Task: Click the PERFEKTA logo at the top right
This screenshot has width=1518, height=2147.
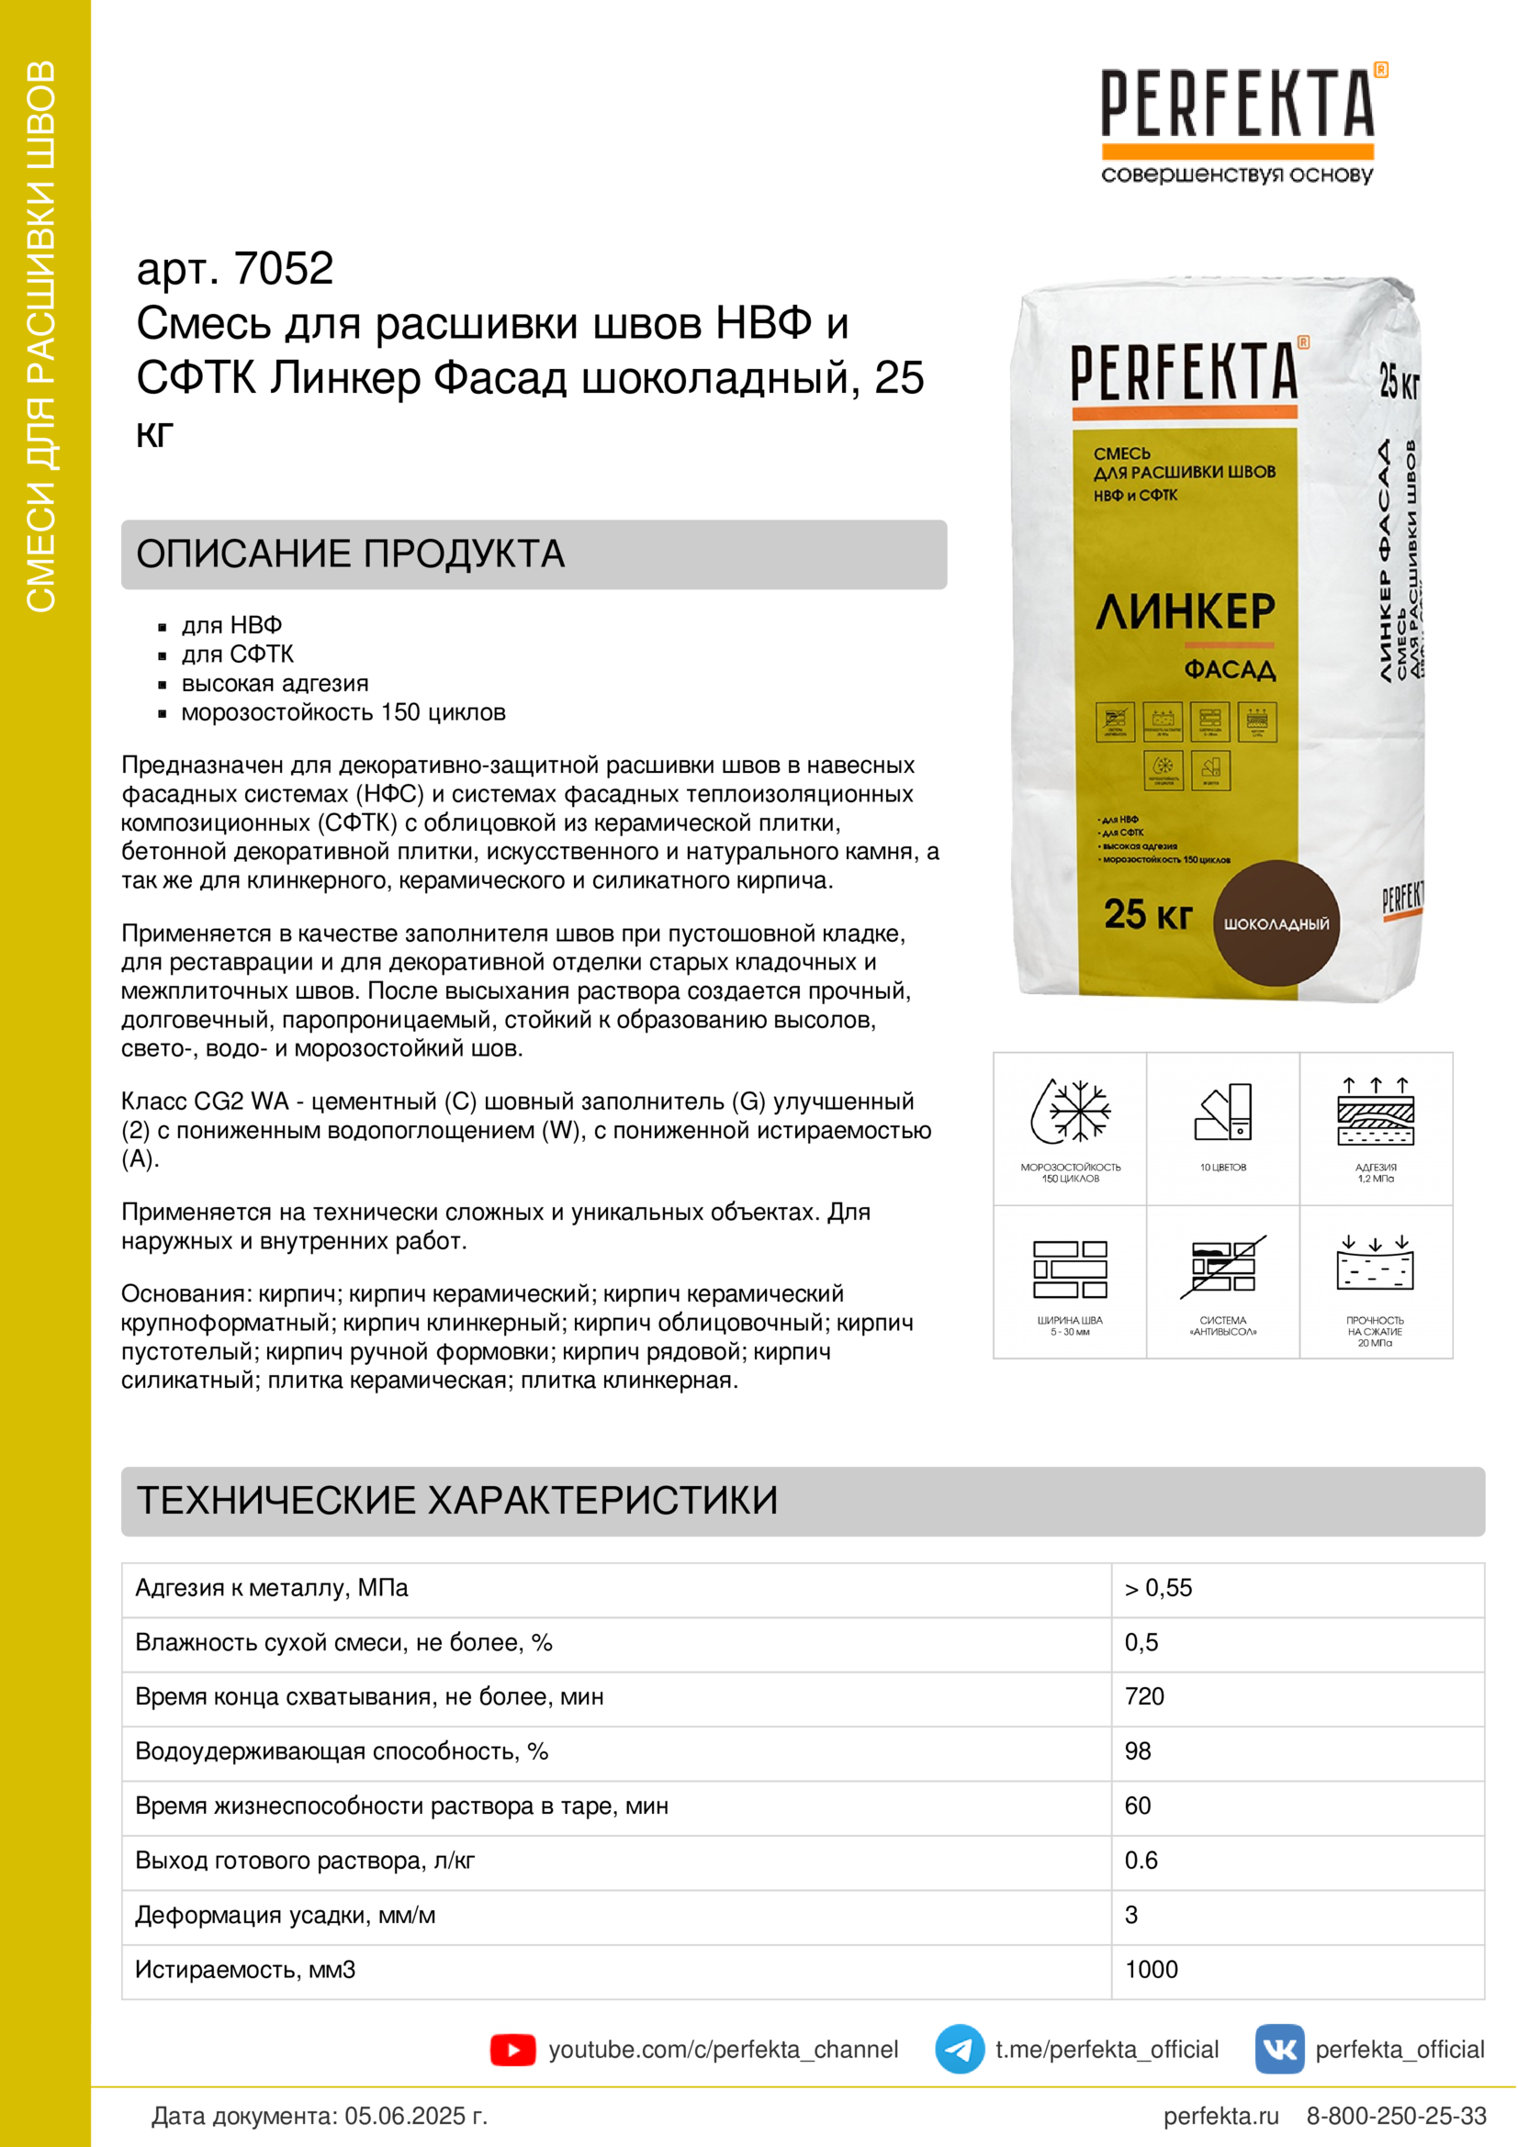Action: [1238, 121]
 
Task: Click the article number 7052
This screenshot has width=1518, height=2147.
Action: [284, 269]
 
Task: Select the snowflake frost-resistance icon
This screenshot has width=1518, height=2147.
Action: [1070, 1112]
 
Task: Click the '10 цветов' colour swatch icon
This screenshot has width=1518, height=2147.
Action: [1222, 1113]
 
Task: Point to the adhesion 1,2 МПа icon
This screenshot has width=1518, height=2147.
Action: [1375, 1113]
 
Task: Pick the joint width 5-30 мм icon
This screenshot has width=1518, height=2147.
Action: [1070, 1269]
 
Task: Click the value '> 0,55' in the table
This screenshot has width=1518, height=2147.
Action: [1159, 1588]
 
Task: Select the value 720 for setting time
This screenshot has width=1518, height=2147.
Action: [1145, 1696]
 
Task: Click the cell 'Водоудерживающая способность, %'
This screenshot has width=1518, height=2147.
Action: [342, 1750]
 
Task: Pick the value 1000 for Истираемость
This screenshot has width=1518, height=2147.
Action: [1152, 1969]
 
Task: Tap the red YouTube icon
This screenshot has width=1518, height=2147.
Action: [512, 2050]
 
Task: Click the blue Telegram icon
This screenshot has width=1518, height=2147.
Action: [959, 2050]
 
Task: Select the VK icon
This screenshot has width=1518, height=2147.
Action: [1278, 2050]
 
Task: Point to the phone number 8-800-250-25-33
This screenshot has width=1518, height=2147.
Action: [1396, 2116]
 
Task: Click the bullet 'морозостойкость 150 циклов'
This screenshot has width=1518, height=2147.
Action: [343, 712]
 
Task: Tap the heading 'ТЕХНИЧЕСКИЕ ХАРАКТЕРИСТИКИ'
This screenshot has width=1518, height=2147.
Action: [457, 1500]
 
